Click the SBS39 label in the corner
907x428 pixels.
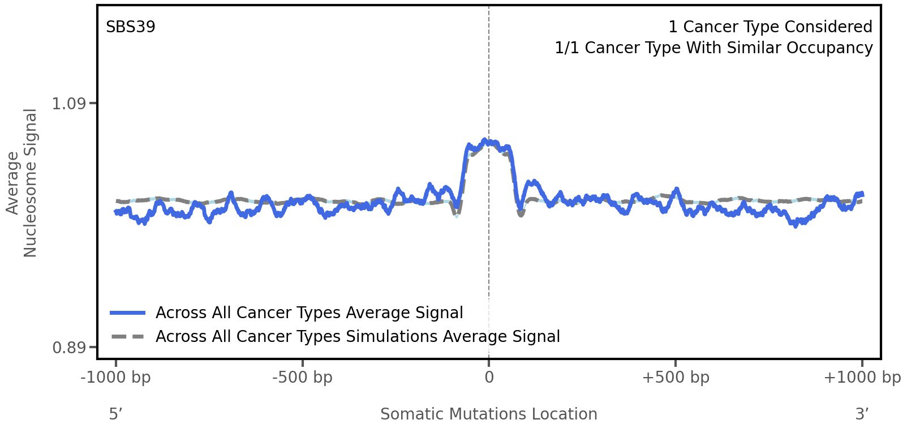point(130,27)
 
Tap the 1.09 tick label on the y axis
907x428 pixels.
point(68,104)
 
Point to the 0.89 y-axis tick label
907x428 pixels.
point(68,347)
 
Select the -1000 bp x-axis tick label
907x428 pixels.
point(116,377)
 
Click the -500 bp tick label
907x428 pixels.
point(302,377)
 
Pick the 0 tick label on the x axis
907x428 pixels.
point(489,377)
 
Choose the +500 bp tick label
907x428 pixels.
point(676,377)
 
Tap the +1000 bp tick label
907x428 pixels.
point(862,377)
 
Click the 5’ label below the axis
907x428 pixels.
point(115,414)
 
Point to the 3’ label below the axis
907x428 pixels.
point(862,414)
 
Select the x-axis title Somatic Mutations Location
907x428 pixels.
point(488,414)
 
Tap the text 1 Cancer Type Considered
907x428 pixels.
point(770,27)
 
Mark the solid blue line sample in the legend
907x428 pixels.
point(128,313)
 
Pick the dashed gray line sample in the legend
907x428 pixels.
point(128,337)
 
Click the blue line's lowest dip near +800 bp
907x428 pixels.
point(796,225)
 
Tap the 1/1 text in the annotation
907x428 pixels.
point(567,48)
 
